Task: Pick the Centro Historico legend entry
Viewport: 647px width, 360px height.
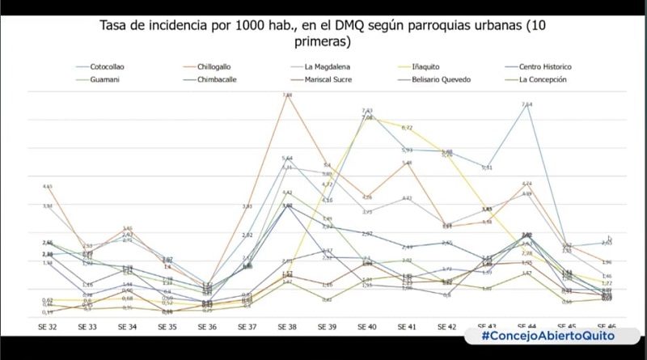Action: click(543, 66)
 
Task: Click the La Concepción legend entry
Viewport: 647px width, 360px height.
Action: click(542, 79)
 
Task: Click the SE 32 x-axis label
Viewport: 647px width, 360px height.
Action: click(47, 327)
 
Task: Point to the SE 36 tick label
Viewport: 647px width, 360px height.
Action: click(206, 327)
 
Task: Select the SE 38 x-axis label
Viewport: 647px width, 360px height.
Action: click(286, 327)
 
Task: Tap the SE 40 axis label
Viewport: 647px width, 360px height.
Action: click(366, 327)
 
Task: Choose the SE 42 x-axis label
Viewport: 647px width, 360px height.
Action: click(446, 327)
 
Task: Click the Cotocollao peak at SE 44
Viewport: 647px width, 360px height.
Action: click(527, 108)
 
